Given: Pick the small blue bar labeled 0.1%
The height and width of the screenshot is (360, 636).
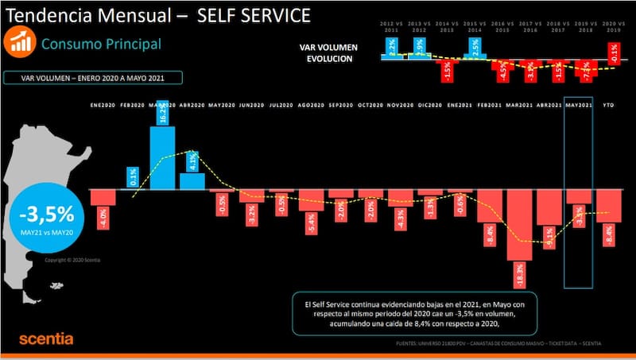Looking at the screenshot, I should click(133, 179).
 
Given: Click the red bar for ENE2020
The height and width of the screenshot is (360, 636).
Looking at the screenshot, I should click(103, 207).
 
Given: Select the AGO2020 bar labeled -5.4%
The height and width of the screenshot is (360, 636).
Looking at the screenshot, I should click(312, 209).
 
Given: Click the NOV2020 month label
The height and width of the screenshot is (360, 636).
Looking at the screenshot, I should click(400, 105).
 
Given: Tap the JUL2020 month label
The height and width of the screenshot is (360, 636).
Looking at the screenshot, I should click(282, 105).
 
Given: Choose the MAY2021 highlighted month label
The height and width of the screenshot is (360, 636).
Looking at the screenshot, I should click(579, 105).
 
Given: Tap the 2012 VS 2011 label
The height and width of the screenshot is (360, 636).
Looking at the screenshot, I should click(393, 28).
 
